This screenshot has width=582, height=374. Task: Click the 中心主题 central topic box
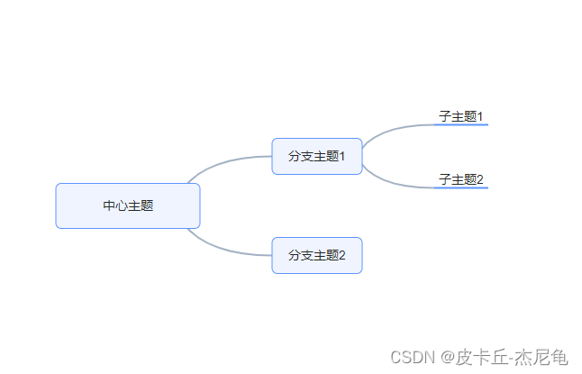click(127, 205)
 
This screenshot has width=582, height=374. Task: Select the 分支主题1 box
click(316, 156)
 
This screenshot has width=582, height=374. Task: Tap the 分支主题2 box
click(316, 255)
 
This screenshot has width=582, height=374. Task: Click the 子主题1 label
click(460, 116)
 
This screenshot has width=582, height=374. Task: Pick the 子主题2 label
click(460, 179)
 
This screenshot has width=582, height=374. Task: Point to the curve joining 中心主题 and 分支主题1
click(225, 161)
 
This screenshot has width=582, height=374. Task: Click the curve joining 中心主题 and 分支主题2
click(225, 250)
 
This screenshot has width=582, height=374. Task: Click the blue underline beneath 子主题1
click(461, 124)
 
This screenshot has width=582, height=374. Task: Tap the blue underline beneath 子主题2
click(461, 187)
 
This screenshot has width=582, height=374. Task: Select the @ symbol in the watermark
click(445, 358)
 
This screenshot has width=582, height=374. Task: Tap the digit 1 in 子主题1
click(480, 116)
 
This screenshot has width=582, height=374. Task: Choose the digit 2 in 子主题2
click(480, 179)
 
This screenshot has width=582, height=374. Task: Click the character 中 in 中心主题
click(108, 205)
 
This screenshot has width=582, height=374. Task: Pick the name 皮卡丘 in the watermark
click(480, 358)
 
